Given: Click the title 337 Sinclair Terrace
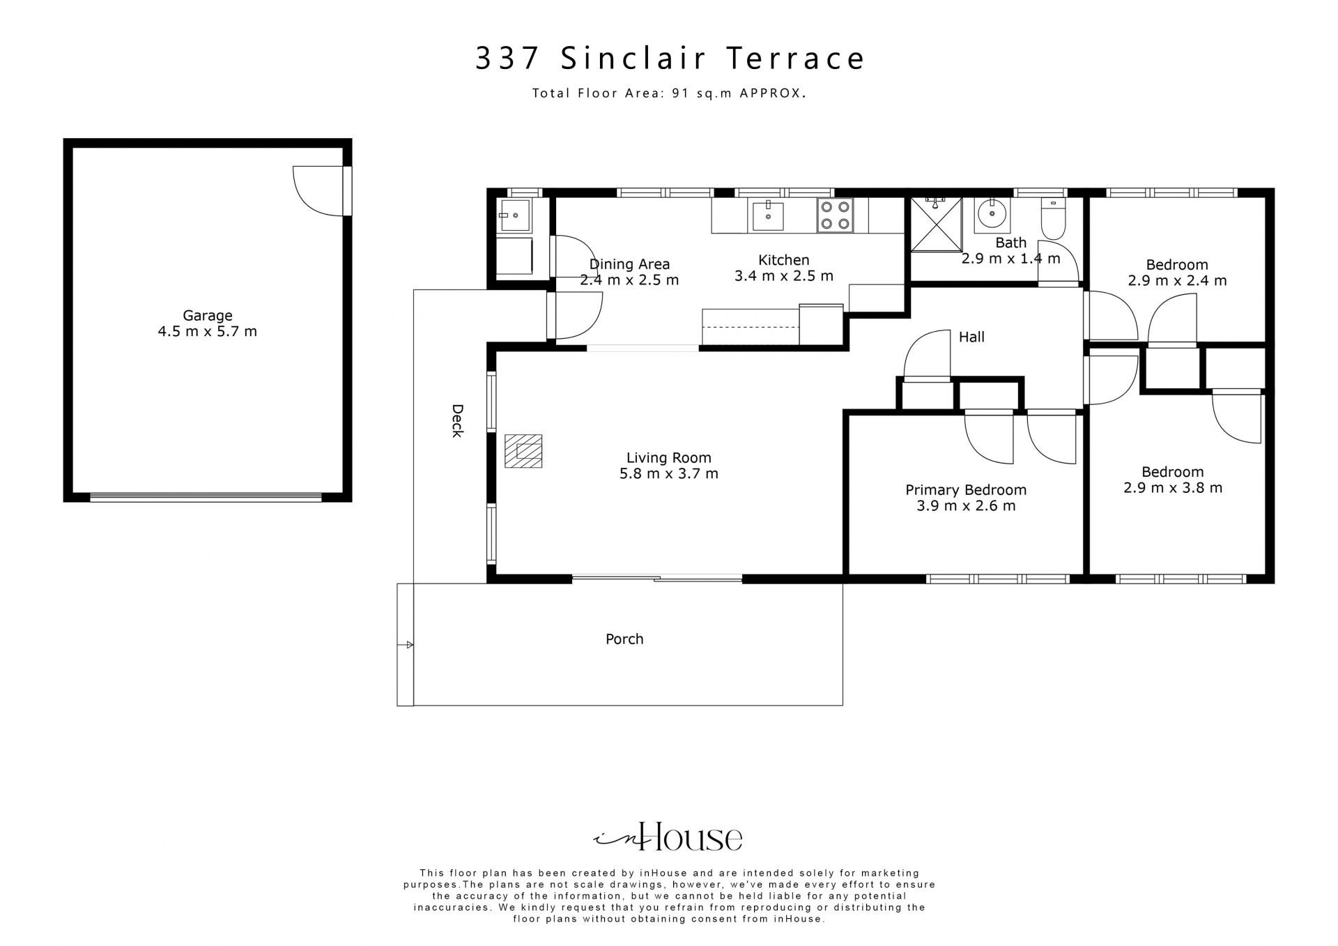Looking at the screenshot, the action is (x=670, y=59).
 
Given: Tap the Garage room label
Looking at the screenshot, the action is (x=208, y=316).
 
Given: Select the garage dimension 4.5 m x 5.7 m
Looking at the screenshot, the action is (x=208, y=332).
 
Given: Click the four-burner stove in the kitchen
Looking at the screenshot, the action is (x=835, y=215).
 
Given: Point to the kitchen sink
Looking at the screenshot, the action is (x=767, y=215).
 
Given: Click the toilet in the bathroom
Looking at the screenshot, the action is (x=1052, y=218).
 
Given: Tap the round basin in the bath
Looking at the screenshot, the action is (x=992, y=215).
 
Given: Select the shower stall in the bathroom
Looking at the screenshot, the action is (x=936, y=223).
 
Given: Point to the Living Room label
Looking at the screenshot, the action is (x=669, y=458).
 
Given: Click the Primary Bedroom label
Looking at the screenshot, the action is (x=966, y=490).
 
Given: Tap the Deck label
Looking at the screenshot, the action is (x=457, y=421).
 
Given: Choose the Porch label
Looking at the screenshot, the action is (x=624, y=639).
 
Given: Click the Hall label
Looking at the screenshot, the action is (x=971, y=337).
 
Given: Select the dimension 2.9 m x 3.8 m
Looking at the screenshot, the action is (x=1173, y=488).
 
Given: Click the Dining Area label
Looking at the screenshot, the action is (x=629, y=264).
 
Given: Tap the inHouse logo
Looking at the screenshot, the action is (x=668, y=837).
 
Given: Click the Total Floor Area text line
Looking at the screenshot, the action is (x=670, y=93).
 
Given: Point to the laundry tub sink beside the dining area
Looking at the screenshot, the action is (x=514, y=215).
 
